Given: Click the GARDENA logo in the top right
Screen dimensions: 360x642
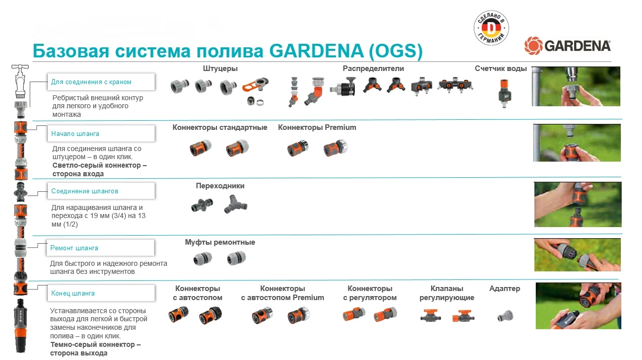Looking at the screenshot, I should click(567, 46).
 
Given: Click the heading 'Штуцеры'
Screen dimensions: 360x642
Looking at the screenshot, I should click(220, 68).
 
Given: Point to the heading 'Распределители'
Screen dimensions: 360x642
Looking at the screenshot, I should click(373, 68).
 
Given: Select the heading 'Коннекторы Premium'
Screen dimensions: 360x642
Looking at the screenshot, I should click(317, 128).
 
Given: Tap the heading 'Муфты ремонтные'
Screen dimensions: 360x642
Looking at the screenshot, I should click(220, 243).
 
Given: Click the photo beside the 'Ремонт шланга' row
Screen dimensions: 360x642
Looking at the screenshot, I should click(577, 255).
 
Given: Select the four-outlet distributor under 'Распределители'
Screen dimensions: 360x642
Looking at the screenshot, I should click(455, 86).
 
